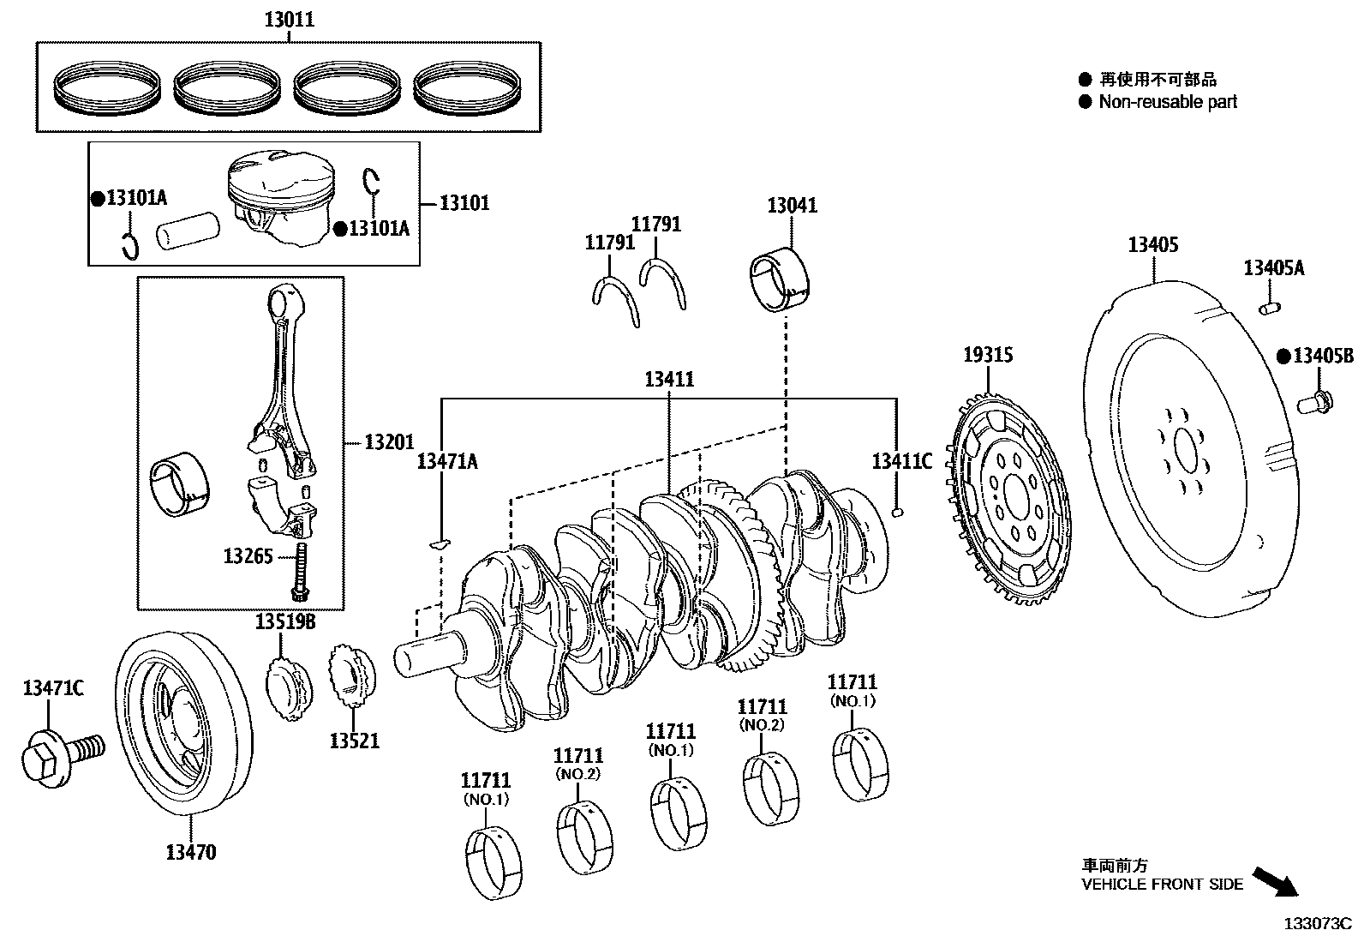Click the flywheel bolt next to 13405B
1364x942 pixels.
tap(1313, 400)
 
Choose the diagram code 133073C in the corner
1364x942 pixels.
tap(1316, 924)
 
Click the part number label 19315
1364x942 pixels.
tap(988, 355)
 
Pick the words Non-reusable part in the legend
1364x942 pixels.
tap(1168, 102)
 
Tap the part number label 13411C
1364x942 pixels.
tap(901, 461)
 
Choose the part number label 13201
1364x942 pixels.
tap(388, 442)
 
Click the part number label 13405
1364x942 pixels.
tap(1152, 245)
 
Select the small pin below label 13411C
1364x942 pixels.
tap(897, 513)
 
